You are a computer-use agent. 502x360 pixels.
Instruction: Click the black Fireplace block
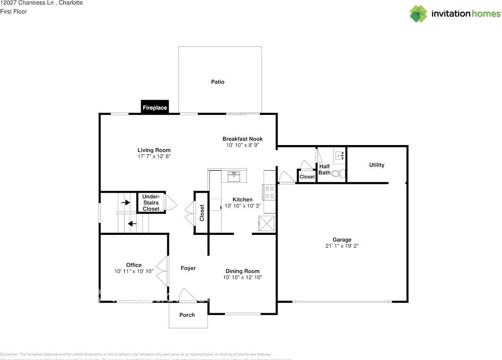(x=155, y=107)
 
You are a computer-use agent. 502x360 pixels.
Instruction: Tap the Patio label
(x=218, y=82)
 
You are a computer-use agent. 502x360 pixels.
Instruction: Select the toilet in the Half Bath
(x=338, y=173)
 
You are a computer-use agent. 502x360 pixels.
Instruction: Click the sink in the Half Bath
(x=339, y=155)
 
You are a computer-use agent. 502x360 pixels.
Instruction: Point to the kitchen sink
(x=234, y=176)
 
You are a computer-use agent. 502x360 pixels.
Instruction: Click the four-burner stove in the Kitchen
(x=269, y=192)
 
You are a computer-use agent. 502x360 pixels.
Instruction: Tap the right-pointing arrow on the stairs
(x=125, y=203)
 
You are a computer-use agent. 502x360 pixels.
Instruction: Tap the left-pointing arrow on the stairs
(x=132, y=224)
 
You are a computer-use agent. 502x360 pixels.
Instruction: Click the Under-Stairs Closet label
(x=151, y=203)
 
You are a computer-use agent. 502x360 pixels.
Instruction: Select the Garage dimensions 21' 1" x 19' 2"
(x=342, y=246)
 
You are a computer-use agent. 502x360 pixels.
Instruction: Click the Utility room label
(x=376, y=165)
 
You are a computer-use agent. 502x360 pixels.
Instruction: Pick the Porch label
(x=187, y=315)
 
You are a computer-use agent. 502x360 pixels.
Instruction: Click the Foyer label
(x=188, y=268)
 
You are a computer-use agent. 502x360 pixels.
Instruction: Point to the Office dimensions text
(x=134, y=271)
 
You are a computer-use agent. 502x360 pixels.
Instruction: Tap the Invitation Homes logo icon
(x=418, y=14)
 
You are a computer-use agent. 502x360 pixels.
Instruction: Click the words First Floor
(x=13, y=11)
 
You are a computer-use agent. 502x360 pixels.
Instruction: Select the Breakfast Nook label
(x=242, y=139)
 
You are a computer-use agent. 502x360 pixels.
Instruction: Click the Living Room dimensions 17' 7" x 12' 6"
(x=154, y=156)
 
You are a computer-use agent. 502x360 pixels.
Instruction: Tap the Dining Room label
(x=242, y=271)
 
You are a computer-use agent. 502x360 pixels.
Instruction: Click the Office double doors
(x=162, y=271)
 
